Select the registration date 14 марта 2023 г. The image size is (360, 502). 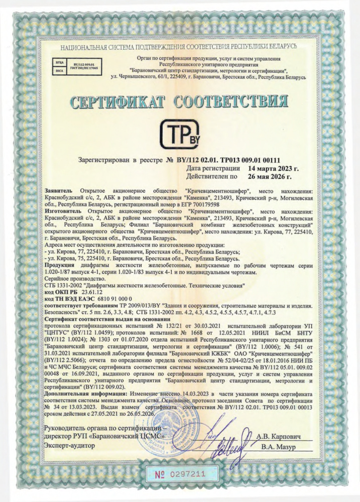pyautogui.click(x=271, y=169)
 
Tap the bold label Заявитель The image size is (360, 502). pyautogui.click(x=59, y=192)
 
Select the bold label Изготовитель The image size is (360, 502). pyautogui.click(x=63, y=212)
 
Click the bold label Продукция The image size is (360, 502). pyautogui.click(x=61, y=265)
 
